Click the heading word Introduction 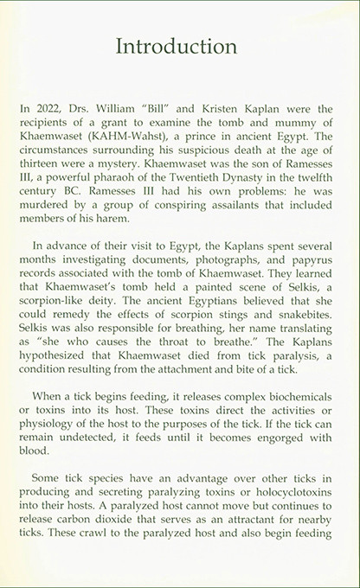[x=179, y=44]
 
